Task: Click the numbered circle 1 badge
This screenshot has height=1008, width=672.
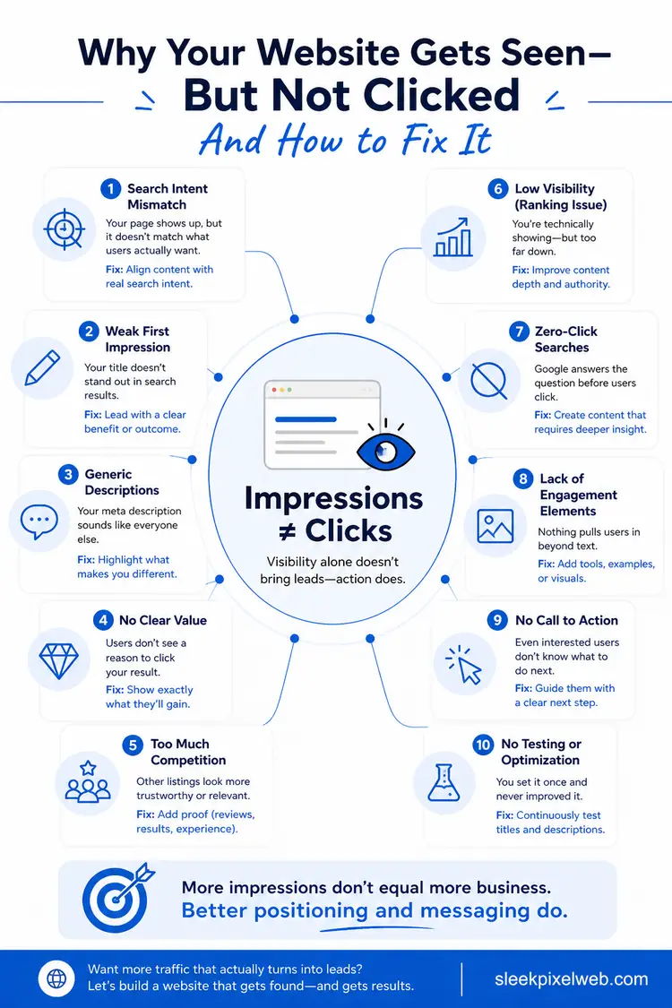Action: click(110, 189)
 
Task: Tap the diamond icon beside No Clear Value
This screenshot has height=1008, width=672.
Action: click(58, 659)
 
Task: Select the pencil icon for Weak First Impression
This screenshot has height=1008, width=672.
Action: click(42, 367)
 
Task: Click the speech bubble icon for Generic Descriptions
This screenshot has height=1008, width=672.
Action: click(39, 521)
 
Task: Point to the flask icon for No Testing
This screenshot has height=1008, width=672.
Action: click(444, 782)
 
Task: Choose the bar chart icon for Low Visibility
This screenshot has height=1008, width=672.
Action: click(452, 237)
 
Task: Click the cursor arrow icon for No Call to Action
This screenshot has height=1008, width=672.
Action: click(464, 665)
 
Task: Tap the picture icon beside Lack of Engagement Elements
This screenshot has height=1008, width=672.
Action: click(495, 526)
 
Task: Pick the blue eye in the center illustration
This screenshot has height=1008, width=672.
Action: click(386, 451)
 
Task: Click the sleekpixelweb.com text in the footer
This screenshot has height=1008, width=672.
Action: click(571, 979)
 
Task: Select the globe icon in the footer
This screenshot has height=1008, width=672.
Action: click(56, 978)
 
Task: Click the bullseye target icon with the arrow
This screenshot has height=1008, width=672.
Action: click(117, 898)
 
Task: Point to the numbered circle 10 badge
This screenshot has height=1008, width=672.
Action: click(483, 745)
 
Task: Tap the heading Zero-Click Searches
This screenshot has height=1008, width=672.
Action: click(566, 339)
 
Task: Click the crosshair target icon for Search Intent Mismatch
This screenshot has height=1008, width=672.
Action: click(64, 228)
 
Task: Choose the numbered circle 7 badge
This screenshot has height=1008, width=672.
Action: click(519, 331)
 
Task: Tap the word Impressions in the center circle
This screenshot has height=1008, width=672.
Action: click(333, 498)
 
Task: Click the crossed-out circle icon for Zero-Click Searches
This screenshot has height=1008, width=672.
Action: click(488, 381)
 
